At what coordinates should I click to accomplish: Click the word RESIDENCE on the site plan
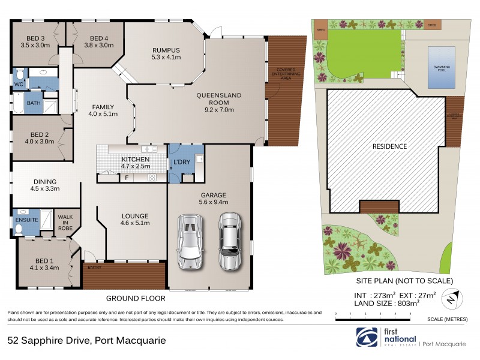(389, 146)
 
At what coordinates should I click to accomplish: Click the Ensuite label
(27, 220)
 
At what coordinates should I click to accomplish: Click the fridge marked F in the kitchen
(127, 178)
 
